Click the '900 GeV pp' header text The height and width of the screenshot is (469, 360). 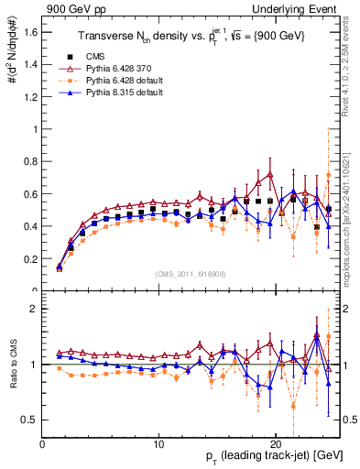(73, 8)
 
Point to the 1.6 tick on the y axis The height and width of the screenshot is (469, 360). (29, 32)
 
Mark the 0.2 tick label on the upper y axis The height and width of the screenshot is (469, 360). (29, 258)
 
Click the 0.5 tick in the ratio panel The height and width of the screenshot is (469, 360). (29, 420)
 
